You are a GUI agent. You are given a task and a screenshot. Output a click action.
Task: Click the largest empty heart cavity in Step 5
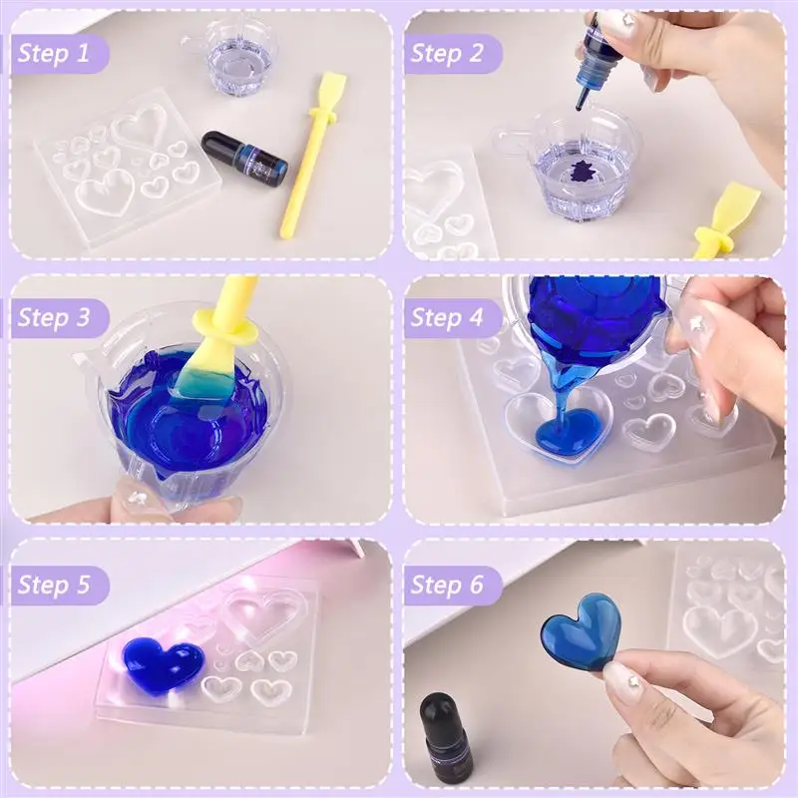pos(262,610)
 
